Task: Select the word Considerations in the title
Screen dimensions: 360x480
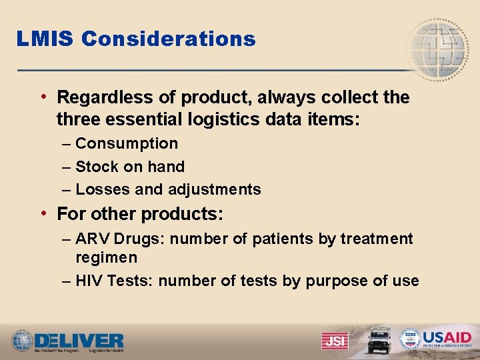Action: (169, 39)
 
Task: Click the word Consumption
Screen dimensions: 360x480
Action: (127, 143)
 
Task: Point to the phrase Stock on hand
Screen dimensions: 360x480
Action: (130, 167)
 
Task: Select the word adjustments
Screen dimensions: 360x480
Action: (215, 189)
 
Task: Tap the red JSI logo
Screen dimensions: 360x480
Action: (334, 340)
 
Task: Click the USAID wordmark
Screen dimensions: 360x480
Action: (447, 337)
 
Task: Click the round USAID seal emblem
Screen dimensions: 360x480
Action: (410, 339)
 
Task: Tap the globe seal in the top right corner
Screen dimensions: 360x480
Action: (437, 50)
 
